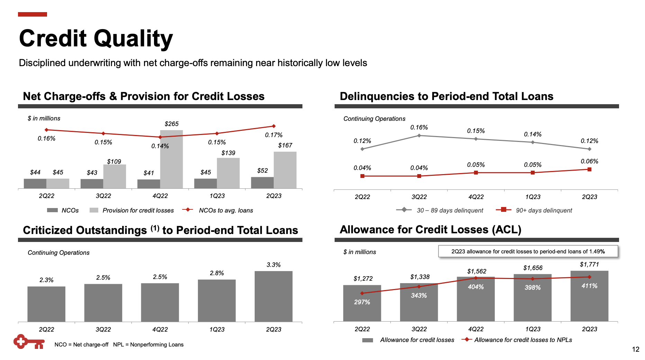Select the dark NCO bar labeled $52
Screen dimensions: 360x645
coord(262,183)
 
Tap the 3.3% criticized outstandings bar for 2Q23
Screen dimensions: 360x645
coord(273,296)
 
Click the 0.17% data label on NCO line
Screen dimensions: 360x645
coord(273,135)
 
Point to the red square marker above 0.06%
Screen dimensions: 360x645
coord(589,169)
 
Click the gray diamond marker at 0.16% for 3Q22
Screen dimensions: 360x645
coord(419,136)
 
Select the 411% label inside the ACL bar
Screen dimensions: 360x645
coord(589,286)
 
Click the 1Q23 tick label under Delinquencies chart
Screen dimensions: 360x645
coord(533,197)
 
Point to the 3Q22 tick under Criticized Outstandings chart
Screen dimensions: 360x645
coord(103,330)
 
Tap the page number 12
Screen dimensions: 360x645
coord(635,349)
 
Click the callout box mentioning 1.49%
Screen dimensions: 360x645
coord(528,251)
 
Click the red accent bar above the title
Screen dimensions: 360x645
coord(33,14)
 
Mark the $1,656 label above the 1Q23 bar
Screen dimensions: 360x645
coord(533,268)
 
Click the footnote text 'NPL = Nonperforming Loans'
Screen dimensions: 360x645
coord(148,345)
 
